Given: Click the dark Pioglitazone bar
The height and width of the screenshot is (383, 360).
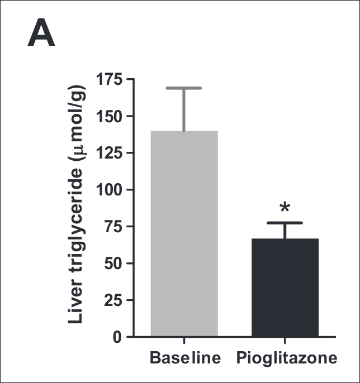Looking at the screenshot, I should click(285, 287).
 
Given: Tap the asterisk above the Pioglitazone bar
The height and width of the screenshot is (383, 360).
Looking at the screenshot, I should click(285, 208).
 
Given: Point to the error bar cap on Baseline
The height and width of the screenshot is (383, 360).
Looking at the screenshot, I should click(184, 88).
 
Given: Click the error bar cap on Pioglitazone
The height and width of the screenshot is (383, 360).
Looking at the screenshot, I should click(285, 223).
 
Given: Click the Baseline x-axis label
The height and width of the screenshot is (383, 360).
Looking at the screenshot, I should click(185, 357).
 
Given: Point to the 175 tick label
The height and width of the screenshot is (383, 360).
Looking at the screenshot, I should click(109, 79).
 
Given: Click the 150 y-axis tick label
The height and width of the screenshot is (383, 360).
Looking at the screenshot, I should click(109, 116).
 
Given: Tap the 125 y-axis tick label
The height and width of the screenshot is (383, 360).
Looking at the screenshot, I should click(109, 153).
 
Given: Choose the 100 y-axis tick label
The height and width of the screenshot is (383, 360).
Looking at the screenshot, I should click(109, 190).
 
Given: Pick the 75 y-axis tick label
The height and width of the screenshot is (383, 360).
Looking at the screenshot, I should click(114, 227).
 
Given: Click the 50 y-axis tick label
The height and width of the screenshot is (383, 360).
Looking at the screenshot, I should click(114, 263).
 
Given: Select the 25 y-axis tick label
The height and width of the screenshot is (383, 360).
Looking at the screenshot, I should click(114, 300).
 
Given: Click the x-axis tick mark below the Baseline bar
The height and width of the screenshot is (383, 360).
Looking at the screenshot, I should click(184, 341).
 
